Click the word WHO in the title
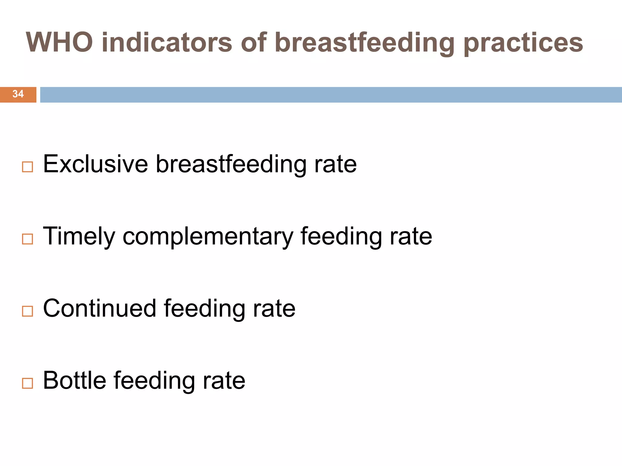pyautogui.click(x=59, y=42)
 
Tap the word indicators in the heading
pyautogui.click(x=167, y=42)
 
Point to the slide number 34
pyautogui.click(x=18, y=94)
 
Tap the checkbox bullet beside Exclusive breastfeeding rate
pyautogui.click(x=27, y=167)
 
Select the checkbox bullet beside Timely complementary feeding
pyautogui.click(x=27, y=239)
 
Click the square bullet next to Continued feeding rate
pyautogui.click(x=27, y=311)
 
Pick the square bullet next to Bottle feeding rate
pyautogui.click(x=27, y=383)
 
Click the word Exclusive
pyautogui.click(x=95, y=164)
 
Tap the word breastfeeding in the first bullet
pyautogui.click(x=231, y=165)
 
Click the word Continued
pyautogui.click(x=100, y=309)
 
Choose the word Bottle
pyautogui.click(x=74, y=380)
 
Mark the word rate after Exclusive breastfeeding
pyautogui.click(x=335, y=165)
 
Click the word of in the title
pyautogui.click(x=254, y=42)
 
